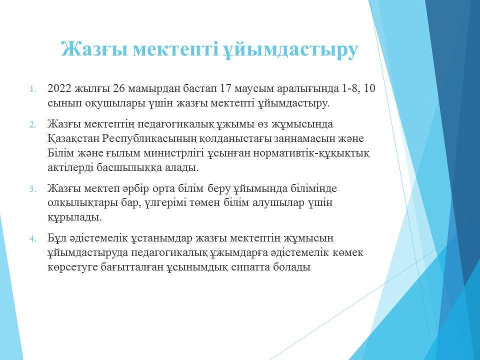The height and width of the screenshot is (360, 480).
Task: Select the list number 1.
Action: [33, 89]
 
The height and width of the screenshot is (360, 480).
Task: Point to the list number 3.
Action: [33, 189]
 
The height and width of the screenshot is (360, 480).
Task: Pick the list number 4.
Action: [33, 239]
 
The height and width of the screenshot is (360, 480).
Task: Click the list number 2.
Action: [33, 125]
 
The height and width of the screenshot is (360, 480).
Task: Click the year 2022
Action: [59, 88]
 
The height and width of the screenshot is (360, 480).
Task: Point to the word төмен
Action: [201, 203]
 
